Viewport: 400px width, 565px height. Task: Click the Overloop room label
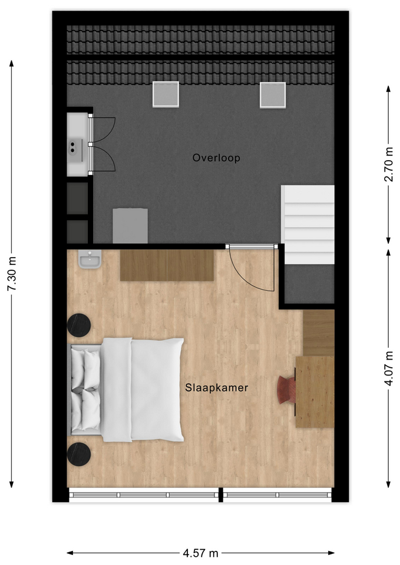[216, 158]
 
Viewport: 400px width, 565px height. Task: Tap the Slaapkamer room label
[216, 388]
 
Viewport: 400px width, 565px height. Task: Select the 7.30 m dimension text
[12, 274]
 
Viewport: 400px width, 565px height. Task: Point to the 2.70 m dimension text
[389, 164]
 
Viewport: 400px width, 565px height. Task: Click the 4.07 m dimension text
[389, 368]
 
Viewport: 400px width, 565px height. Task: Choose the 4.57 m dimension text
[200, 553]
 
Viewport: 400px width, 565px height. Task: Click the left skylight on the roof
[166, 94]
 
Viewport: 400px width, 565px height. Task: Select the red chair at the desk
[287, 390]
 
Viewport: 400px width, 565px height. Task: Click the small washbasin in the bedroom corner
[90, 259]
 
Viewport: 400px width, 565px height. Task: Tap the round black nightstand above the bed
[79, 325]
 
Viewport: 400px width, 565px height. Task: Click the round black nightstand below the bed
[79, 454]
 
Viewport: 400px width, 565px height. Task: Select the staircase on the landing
[308, 224]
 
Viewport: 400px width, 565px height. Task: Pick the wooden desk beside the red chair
[315, 392]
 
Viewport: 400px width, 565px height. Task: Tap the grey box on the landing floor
[130, 225]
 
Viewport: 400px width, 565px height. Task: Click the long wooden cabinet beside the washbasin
[167, 265]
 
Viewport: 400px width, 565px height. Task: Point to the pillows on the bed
[85, 390]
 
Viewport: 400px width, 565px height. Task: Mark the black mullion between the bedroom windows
[221, 495]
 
